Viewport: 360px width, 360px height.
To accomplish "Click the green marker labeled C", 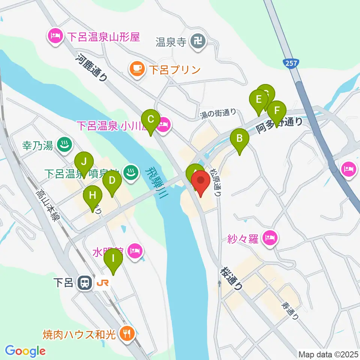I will pos(151,120).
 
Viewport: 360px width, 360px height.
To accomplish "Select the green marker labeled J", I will pos(84,162).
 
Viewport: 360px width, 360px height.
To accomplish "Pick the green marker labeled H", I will pos(92,195).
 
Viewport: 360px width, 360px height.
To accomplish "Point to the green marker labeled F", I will pos(277,111).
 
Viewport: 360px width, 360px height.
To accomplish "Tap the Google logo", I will pos(25,351).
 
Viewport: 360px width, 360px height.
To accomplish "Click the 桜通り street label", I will pos(232,278).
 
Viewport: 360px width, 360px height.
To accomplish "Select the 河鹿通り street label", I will pos(92,68).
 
